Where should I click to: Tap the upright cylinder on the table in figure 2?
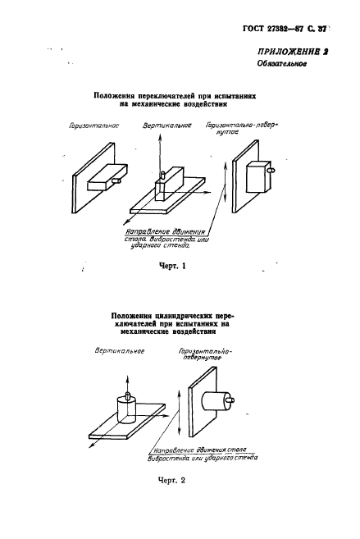[129, 408]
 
